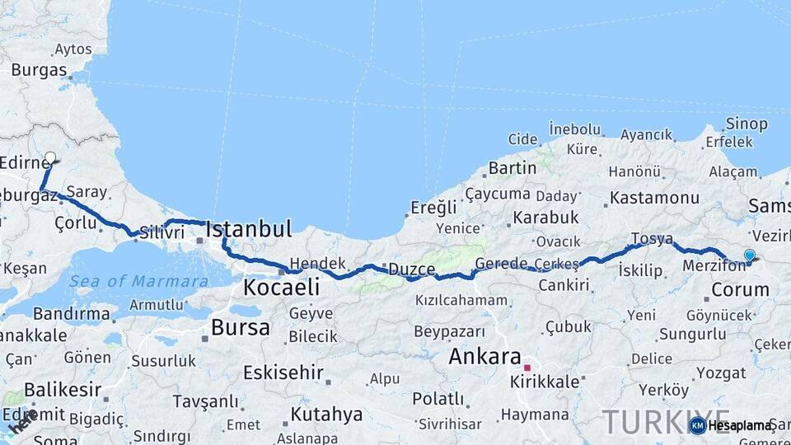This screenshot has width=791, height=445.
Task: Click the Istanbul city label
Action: [249, 228]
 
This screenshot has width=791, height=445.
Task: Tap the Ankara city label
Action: [484, 358]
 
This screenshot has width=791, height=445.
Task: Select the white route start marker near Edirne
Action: [50, 157]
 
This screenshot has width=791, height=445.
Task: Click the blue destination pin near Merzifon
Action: [749, 256]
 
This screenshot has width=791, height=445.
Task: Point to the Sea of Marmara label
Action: [138, 281]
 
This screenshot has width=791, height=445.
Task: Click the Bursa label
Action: [240, 327]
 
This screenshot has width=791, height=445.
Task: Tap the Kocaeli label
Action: [281, 288]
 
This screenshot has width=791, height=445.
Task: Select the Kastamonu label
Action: [654, 198]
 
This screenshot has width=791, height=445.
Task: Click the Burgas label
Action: [39, 69]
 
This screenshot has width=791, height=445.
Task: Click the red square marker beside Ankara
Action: [527, 368]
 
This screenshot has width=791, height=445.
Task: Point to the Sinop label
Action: [747, 124]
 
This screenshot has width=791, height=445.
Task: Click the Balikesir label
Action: [63, 389]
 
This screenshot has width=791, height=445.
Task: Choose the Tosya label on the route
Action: [652, 239]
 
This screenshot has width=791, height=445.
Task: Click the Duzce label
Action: [412, 269]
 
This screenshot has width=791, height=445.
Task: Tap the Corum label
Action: [740, 289]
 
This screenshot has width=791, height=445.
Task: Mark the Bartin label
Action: [513, 168]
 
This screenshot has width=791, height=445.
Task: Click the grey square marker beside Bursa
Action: [204, 337]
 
